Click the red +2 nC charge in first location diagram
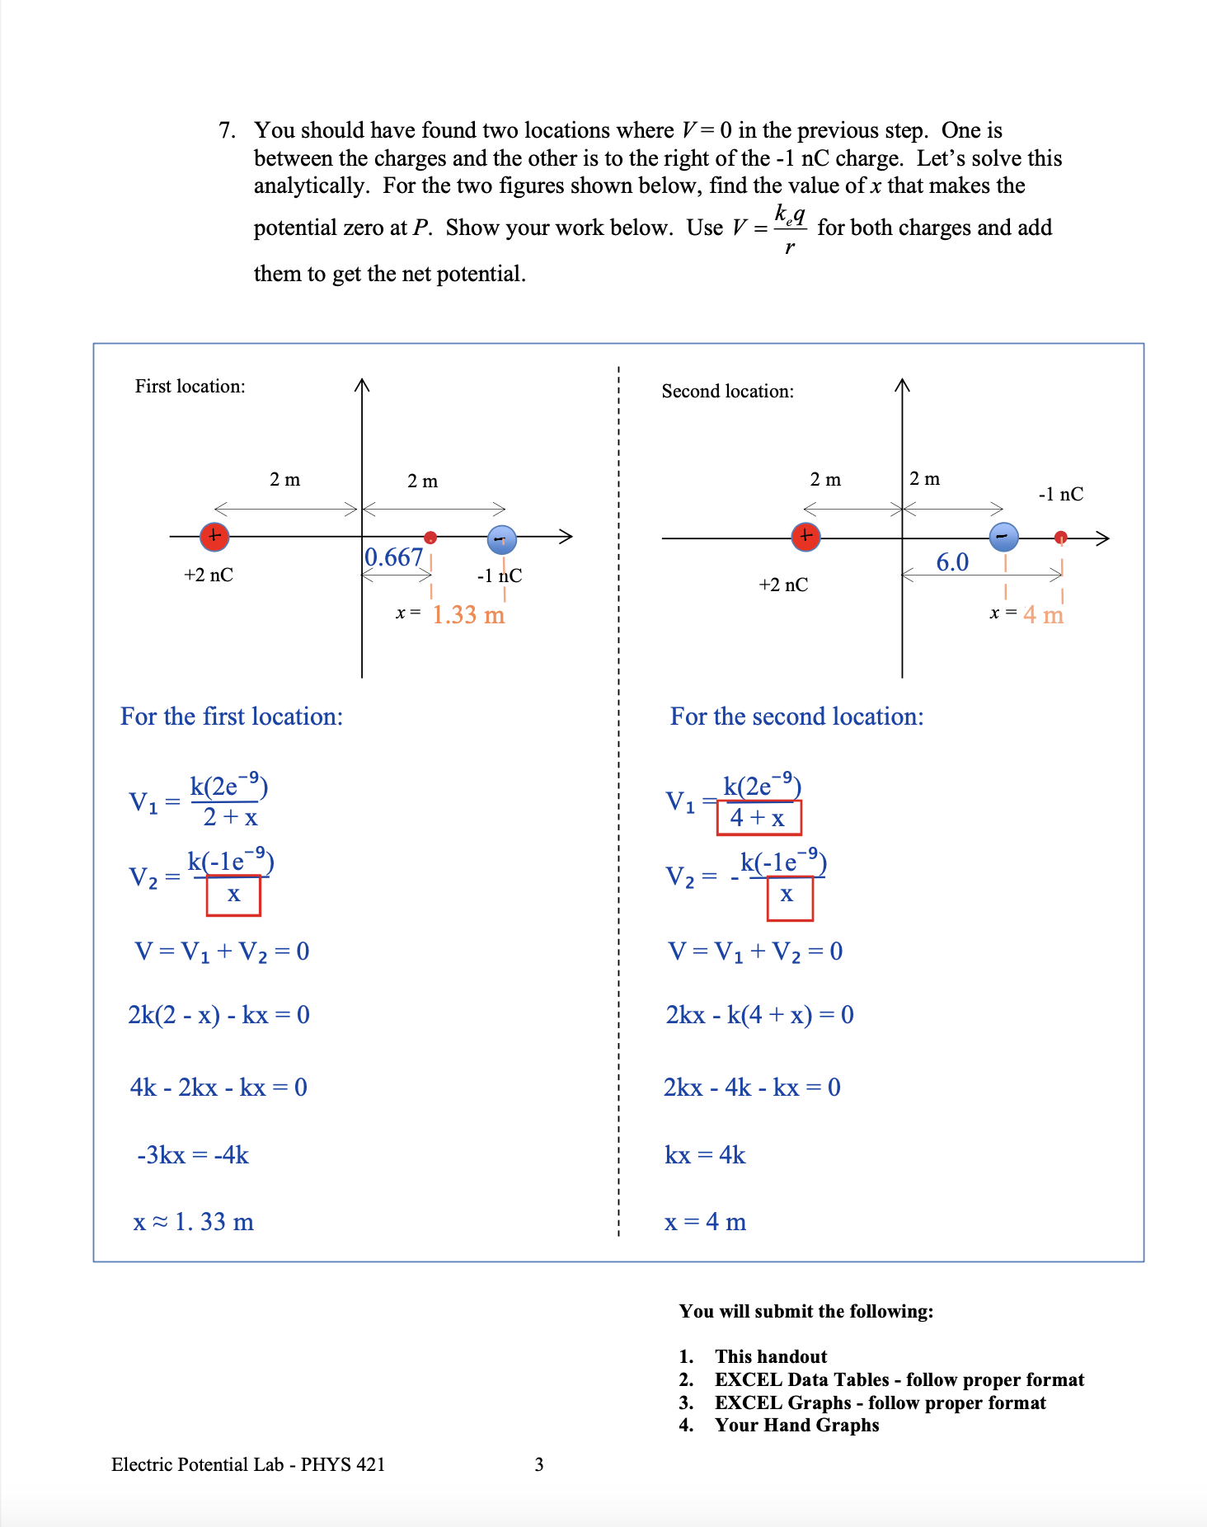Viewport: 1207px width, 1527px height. pos(214,536)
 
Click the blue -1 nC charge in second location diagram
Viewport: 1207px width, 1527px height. pos(1003,537)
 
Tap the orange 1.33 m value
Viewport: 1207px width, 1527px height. pos(467,615)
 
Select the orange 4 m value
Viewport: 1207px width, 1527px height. pos(1043,615)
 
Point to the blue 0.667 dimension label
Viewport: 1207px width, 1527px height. pos(393,558)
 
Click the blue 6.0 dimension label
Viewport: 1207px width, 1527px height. pos(952,562)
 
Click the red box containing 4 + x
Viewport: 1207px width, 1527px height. pos(758,818)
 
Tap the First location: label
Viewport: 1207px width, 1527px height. pos(190,387)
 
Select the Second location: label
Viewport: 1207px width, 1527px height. pos(727,392)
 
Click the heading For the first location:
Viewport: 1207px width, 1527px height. pos(232,717)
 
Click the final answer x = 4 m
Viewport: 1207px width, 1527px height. pos(705,1222)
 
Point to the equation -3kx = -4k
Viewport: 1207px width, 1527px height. pos(193,1155)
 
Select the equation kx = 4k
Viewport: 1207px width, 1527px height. pos(705,1155)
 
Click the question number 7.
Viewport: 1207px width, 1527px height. pos(227,130)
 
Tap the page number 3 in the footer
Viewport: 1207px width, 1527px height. pos(539,1464)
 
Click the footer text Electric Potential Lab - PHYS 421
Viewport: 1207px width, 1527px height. pos(248,1464)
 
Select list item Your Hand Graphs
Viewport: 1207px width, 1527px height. pos(796,1426)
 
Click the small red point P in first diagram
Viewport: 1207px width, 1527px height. pos(430,538)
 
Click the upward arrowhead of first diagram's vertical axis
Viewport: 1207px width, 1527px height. pos(362,385)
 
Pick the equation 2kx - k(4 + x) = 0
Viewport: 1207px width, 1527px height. pos(759,1015)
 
